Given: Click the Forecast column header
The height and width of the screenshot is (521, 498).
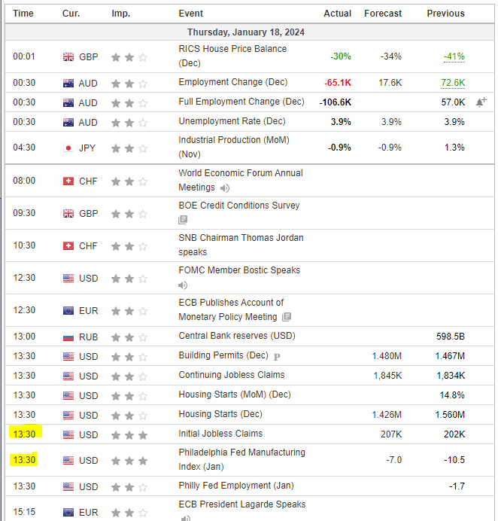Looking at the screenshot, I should tap(383, 14).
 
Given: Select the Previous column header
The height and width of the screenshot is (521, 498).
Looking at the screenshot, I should tap(445, 14).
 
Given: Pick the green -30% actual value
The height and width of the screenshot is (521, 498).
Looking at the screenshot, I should tap(341, 56).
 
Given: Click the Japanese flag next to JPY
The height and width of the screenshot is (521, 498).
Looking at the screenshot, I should tap(68, 148).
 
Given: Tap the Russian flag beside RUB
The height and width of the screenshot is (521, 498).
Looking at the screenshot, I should tap(68, 337).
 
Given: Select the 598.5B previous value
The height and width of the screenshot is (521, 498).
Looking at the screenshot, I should tap(450, 337).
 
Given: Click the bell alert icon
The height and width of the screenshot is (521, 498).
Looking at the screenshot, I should tap(480, 102).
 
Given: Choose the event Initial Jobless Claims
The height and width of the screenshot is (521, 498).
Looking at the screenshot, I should tap(220, 434).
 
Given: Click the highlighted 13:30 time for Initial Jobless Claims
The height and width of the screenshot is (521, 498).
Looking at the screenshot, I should tap(24, 434).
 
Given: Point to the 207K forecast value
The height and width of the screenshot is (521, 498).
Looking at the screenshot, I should tap(391, 434).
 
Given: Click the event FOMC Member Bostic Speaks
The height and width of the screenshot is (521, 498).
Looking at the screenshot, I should tap(239, 270).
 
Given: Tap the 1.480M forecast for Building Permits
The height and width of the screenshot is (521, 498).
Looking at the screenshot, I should tap(387, 356).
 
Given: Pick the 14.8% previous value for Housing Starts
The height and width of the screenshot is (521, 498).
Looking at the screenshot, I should tap(453, 395).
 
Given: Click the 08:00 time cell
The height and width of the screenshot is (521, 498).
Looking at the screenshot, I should tap(24, 181).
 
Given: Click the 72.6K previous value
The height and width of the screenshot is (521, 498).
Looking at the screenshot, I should tap(453, 83).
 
